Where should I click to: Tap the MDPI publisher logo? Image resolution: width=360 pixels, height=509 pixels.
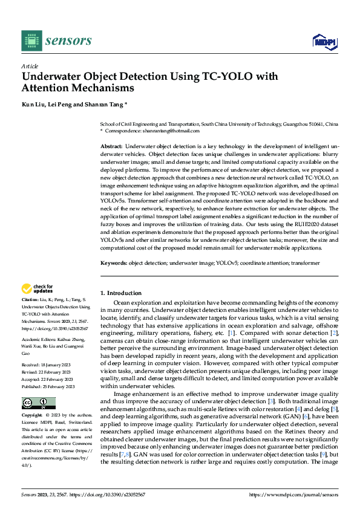[x=324, y=41]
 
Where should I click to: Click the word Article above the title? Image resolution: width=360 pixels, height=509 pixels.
[x=30, y=66]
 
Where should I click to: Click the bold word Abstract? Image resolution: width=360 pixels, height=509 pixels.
[x=111, y=146]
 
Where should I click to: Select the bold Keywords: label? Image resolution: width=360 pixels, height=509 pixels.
[x=113, y=263]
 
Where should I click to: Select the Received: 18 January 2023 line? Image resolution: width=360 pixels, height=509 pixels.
[x=48, y=365]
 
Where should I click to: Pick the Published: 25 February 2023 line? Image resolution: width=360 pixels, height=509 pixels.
[x=49, y=386]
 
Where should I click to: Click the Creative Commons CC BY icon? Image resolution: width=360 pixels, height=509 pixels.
[x=39, y=403]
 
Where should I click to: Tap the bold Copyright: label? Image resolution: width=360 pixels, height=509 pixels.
[x=33, y=416]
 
